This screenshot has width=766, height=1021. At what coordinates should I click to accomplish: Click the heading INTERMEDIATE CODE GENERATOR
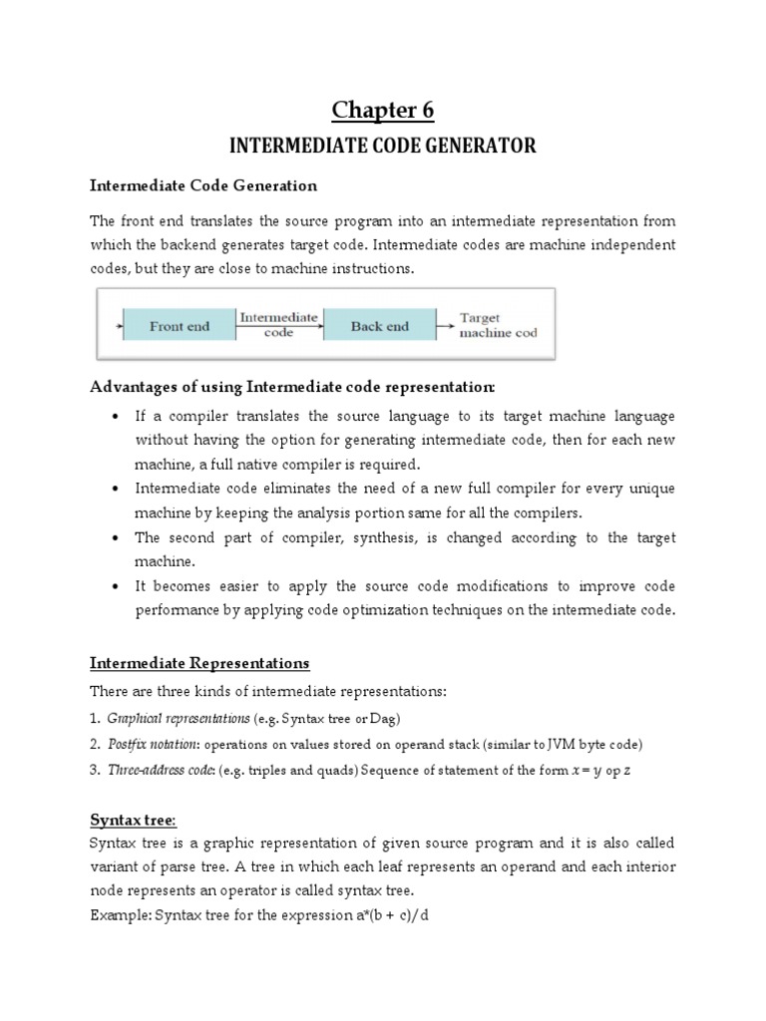(x=383, y=147)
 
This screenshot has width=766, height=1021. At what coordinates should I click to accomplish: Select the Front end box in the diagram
(x=180, y=325)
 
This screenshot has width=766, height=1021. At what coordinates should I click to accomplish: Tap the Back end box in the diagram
(x=380, y=325)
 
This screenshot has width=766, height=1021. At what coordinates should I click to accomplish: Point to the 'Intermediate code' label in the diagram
(x=279, y=325)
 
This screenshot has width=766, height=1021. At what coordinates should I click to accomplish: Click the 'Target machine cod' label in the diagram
(x=498, y=325)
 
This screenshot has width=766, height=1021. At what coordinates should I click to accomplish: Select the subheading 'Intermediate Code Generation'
(x=203, y=185)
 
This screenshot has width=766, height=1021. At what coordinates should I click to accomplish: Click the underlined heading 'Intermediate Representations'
(x=199, y=662)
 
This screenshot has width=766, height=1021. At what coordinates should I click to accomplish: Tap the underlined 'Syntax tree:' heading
(x=133, y=819)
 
